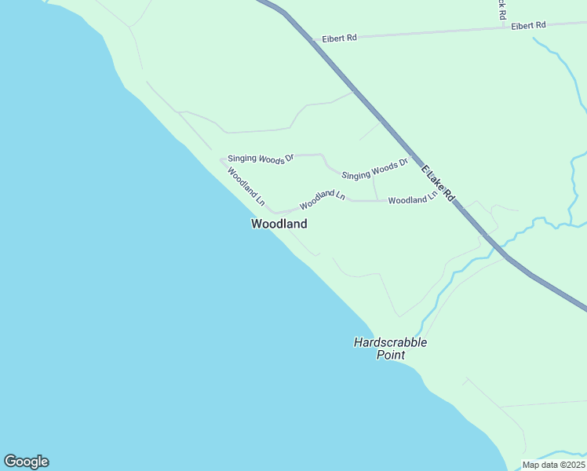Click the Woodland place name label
279,224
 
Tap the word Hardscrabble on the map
390,342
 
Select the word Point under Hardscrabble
390,355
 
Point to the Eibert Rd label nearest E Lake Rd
339,38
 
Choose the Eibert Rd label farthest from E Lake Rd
528,26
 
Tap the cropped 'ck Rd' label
501,9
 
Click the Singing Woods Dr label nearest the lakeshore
261,159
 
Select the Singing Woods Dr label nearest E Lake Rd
375,170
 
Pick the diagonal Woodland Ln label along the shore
246,187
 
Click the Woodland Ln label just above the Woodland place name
322,199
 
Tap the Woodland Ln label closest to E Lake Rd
412,199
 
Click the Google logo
26,462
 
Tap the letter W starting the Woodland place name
256,224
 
